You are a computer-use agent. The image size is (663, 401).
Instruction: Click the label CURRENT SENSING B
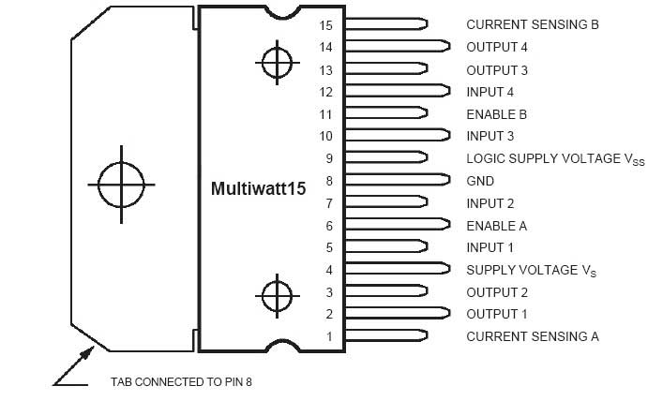point(532,24)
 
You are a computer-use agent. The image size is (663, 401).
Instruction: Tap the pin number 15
point(325,24)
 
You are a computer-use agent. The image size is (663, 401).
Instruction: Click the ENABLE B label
point(496,114)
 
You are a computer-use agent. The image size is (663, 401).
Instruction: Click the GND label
point(480,181)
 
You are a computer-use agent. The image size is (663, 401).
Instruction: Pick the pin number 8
point(329,181)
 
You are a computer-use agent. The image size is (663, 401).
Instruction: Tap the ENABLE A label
point(496,226)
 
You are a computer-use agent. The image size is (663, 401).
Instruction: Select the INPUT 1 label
point(490,247)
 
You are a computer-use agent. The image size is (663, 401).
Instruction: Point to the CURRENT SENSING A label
point(532,336)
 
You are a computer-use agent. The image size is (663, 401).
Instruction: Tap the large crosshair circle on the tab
point(122,183)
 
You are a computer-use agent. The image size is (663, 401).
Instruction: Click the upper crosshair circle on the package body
point(277,63)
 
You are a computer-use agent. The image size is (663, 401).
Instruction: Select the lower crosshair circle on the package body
point(277,296)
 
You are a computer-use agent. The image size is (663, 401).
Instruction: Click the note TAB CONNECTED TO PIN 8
point(182,382)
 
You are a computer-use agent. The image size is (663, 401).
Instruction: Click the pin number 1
point(329,336)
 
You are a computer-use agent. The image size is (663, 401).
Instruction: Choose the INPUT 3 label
point(490,137)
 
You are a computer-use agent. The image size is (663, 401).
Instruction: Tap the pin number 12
point(325,92)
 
